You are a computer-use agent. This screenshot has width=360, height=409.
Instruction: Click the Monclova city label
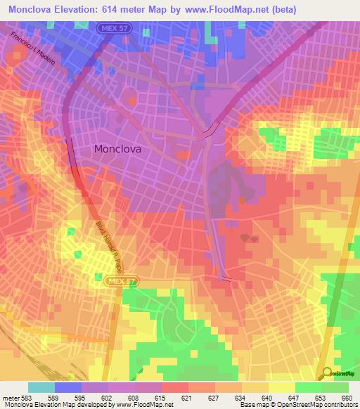coord(117,149)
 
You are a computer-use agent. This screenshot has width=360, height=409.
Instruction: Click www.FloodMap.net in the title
coord(211,9)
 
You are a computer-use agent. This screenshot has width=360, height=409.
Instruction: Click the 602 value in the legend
coord(108,397)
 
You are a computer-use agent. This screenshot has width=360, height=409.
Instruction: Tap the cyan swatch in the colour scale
coord(41,387)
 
